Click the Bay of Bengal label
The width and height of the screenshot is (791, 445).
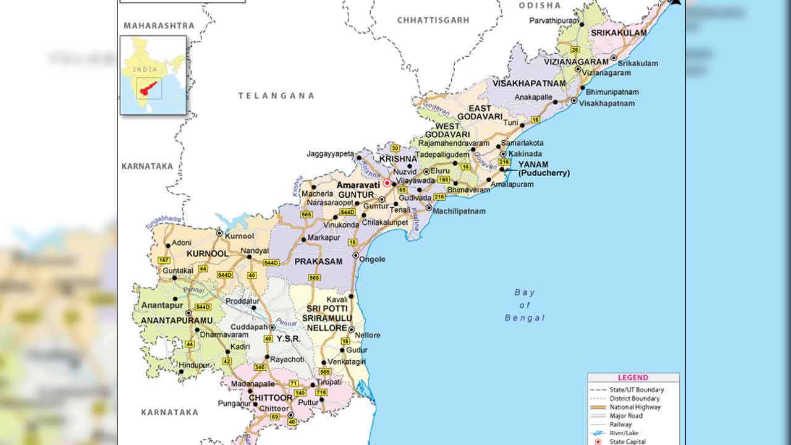click(525, 305)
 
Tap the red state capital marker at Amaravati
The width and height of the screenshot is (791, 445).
click(387, 183)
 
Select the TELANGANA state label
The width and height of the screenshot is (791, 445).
click(276, 96)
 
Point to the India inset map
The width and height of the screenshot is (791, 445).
click(153, 75)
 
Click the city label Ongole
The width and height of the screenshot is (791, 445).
click(373, 259)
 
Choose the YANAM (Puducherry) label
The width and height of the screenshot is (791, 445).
click(543, 169)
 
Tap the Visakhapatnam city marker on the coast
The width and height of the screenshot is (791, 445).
click(574, 101)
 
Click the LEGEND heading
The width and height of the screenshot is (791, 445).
click(633, 378)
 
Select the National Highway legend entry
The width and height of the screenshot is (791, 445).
click(635, 407)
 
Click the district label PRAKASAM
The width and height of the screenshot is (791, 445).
click(318, 261)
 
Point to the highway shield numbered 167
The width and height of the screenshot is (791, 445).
click(164, 260)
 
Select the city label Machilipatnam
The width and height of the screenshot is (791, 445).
click(459, 211)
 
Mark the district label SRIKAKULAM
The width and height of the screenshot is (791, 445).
click(619, 33)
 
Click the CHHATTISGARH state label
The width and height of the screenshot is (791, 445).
click(433, 20)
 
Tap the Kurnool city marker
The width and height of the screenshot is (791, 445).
click(219, 233)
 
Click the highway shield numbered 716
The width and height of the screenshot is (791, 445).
click(321, 392)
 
